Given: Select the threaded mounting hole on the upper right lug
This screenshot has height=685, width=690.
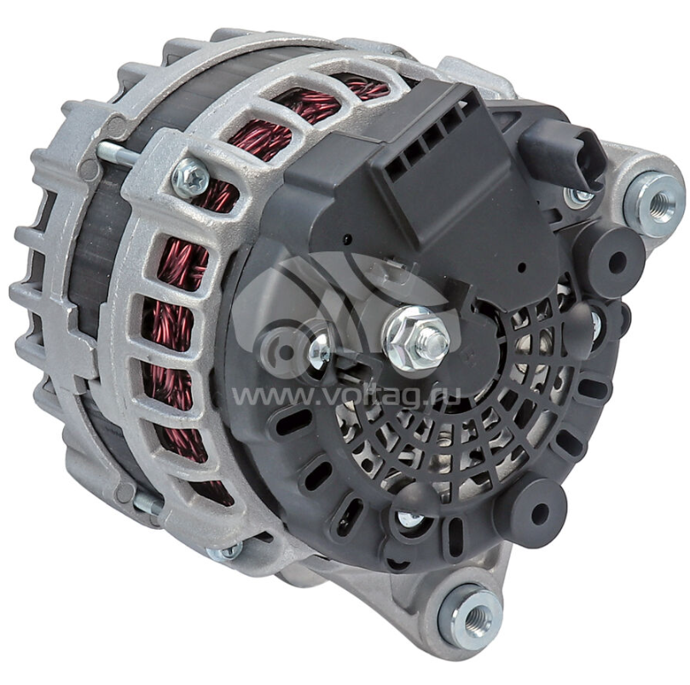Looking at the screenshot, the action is point(658,201).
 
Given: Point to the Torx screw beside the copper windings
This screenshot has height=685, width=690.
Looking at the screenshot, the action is point(189,176).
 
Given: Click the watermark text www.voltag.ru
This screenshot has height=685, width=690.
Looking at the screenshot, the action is point(346,395).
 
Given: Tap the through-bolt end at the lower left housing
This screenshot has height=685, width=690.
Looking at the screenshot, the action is point(148,503).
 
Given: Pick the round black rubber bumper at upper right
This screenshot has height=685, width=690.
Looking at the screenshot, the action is point(615,257).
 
